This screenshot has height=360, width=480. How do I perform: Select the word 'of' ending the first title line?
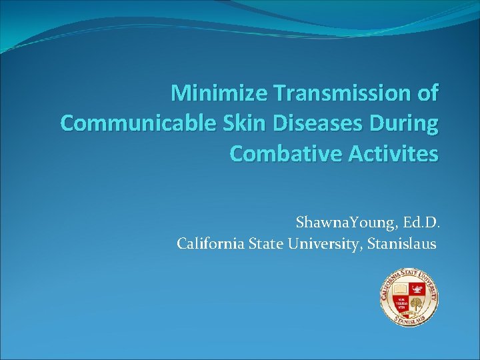(x=427, y=93)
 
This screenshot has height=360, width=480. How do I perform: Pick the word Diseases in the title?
(x=318, y=123)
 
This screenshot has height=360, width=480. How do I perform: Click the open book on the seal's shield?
(x=400, y=289)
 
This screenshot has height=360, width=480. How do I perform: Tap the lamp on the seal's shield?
(x=417, y=289)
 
